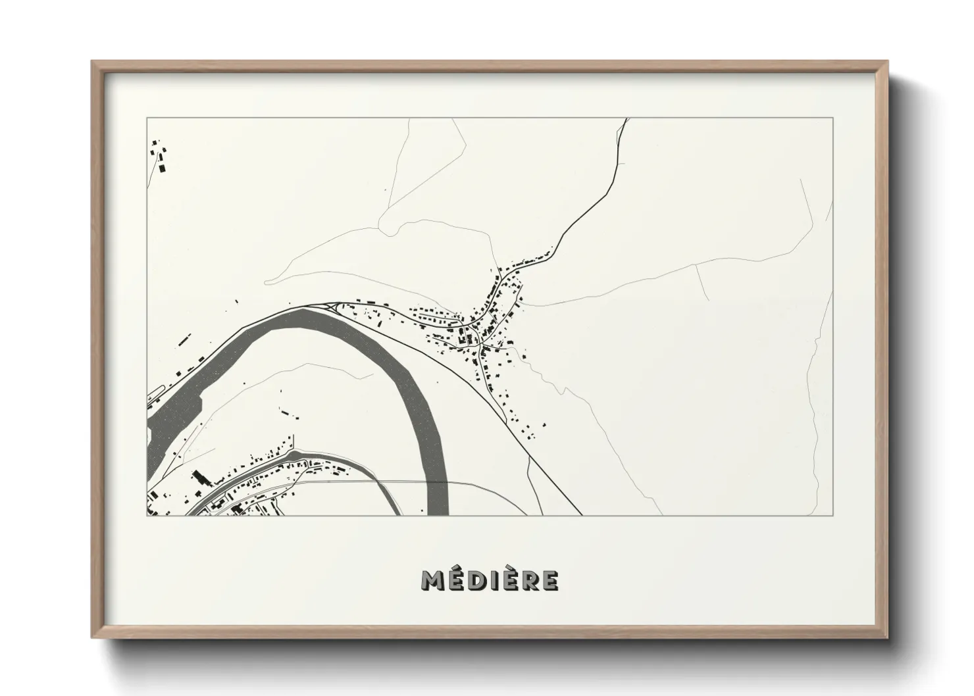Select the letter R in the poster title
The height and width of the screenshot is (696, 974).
tap(531, 580)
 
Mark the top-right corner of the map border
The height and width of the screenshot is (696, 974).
tap(833, 118)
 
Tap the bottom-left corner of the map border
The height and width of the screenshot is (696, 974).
tap(147, 515)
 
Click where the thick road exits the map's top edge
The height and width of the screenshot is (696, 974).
tap(627, 119)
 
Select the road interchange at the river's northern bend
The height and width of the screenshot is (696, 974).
tap(332, 306)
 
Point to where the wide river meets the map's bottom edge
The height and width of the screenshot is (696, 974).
tap(438, 514)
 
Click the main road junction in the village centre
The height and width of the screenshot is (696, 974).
tap(481, 344)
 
